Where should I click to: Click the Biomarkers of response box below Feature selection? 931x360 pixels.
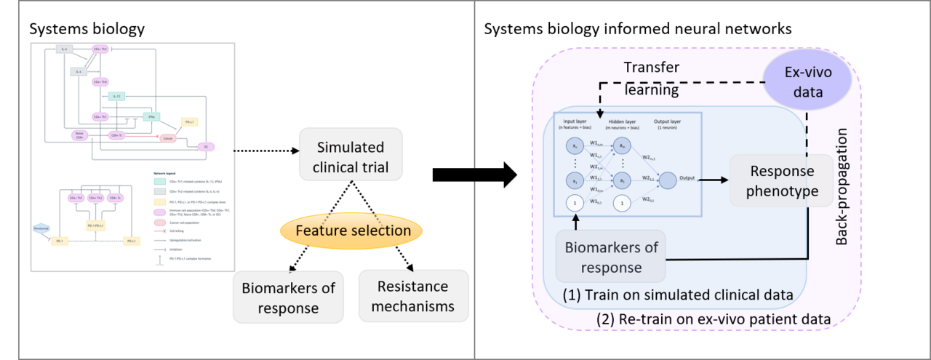pyautogui.click(x=289, y=297)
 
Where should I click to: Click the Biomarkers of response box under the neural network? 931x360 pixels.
pyautogui.click(x=612, y=257)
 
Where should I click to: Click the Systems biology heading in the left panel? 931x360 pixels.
pyautogui.click(x=87, y=29)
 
